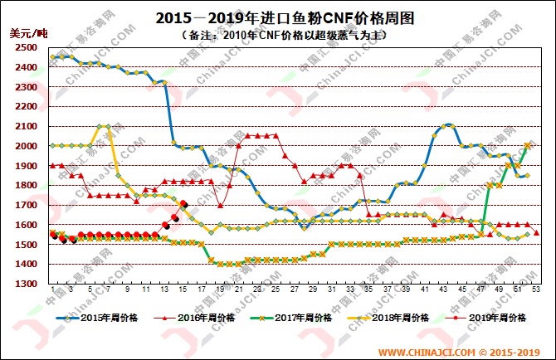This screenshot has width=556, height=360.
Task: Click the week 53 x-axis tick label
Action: click(537, 290)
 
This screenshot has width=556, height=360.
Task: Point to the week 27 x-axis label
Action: click(295, 290)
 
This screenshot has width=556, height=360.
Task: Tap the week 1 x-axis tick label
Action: click(52, 290)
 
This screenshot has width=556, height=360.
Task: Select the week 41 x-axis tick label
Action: click(425, 290)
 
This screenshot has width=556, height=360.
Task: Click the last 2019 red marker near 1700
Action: click(183, 205)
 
